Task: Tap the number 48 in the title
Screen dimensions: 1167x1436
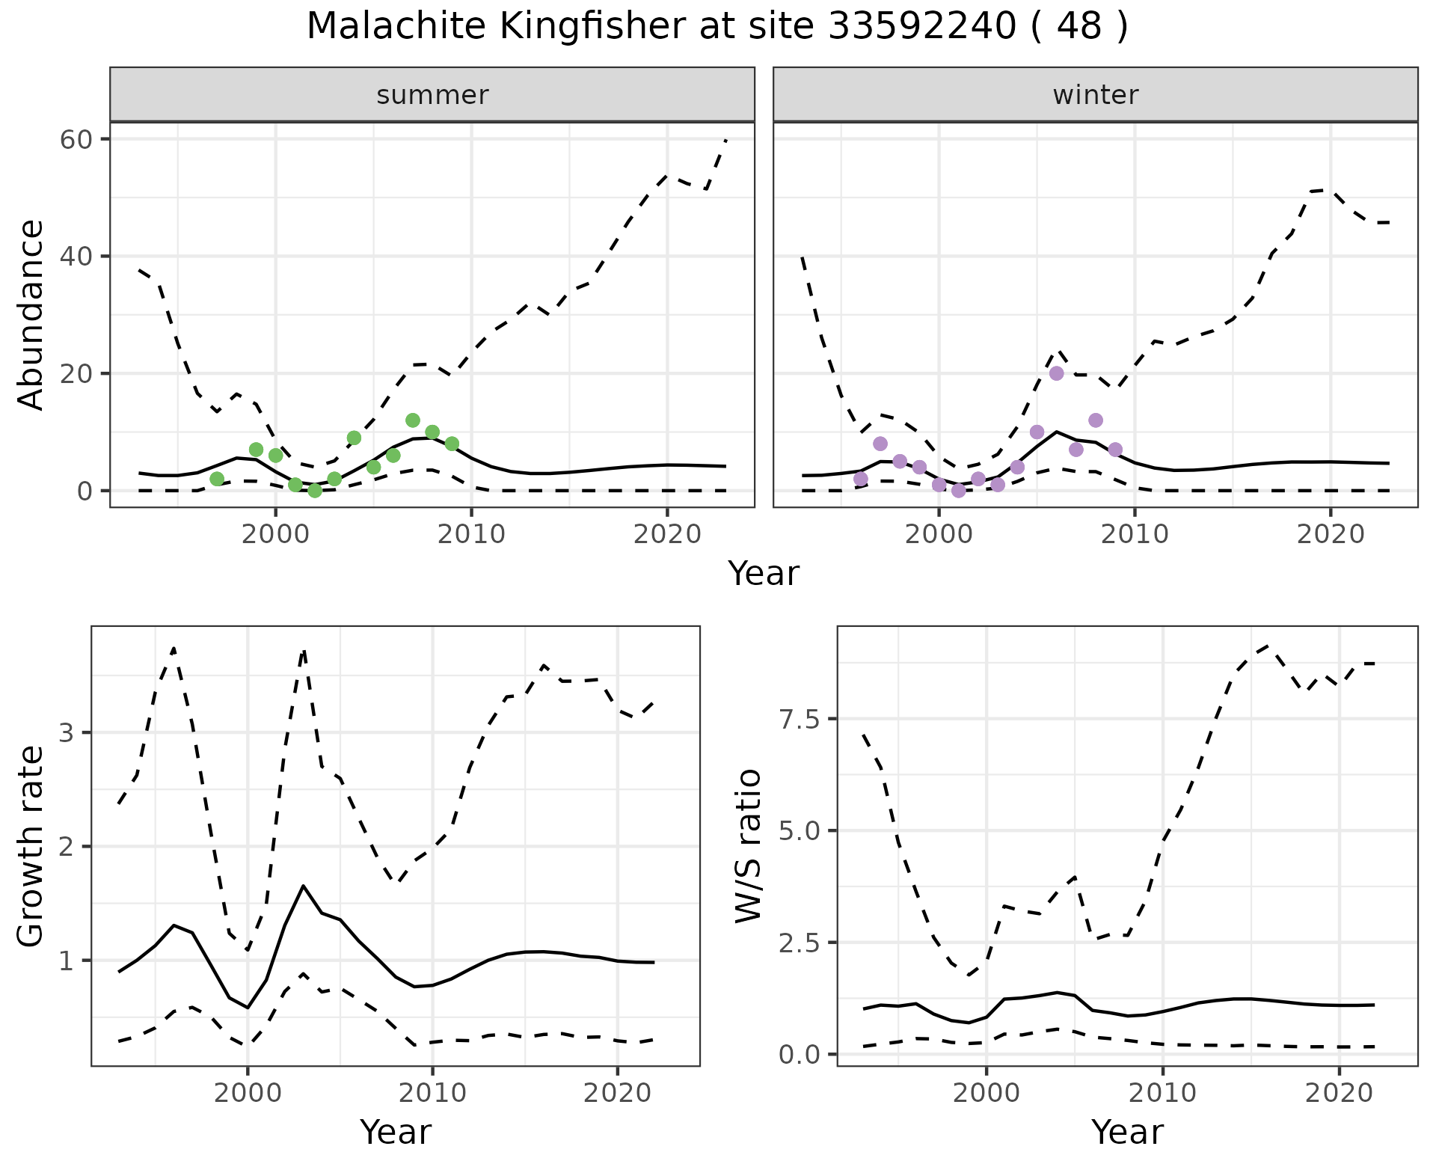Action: (1079, 27)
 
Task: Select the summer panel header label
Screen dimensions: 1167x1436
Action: (432, 95)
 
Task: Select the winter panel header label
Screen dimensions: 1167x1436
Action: (1095, 95)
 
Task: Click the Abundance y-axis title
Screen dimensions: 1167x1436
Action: (31, 314)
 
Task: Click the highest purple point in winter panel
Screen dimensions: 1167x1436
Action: (1056, 373)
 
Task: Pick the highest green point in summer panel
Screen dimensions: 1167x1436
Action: (413, 420)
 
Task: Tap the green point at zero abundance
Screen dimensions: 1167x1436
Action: (315, 491)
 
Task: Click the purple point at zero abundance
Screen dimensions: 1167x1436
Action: (959, 491)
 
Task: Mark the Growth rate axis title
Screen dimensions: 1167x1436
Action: (31, 845)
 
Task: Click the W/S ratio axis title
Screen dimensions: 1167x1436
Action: (748, 845)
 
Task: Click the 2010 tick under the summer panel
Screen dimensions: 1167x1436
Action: (471, 534)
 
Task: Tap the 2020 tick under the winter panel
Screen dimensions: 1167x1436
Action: (1331, 534)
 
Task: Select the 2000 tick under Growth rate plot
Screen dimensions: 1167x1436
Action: (248, 1093)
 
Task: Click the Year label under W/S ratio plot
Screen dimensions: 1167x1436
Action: (1127, 1132)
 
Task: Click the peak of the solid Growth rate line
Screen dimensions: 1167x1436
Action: (303, 886)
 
